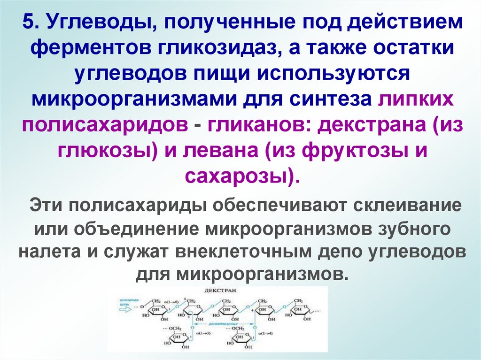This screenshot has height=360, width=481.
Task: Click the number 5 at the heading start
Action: (x=29, y=23)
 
